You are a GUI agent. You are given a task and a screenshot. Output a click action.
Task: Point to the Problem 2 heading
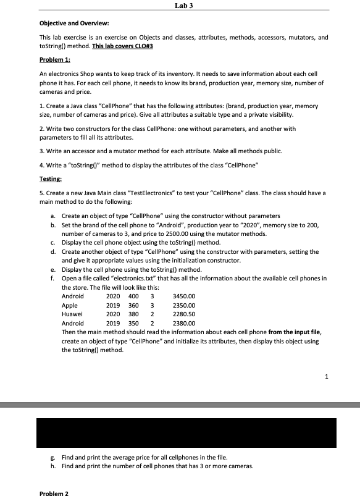(54, 493)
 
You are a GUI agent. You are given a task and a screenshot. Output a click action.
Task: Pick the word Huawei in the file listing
(72, 314)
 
